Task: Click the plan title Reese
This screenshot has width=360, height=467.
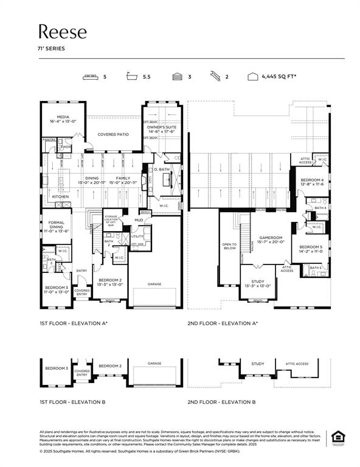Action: pyautogui.click(x=63, y=32)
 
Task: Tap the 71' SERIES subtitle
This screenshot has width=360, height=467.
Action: pyautogui.click(x=51, y=48)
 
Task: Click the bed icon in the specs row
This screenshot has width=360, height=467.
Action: pyautogui.click(x=91, y=77)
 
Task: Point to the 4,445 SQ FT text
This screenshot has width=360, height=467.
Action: pyautogui.click(x=279, y=77)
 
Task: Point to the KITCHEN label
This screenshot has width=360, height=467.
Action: pyautogui.click(x=60, y=197)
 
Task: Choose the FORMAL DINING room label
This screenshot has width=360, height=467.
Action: pyautogui.click(x=56, y=226)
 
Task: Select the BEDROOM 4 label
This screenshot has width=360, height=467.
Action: pyautogui.click(x=311, y=181)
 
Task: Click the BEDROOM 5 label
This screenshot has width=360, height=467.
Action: pyautogui.click(x=309, y=246)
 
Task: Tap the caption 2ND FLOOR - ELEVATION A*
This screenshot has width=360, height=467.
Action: pyautogui.click(x=222, y=323)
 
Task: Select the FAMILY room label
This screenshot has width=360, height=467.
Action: pyautogui.click(x=123, y=179)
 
